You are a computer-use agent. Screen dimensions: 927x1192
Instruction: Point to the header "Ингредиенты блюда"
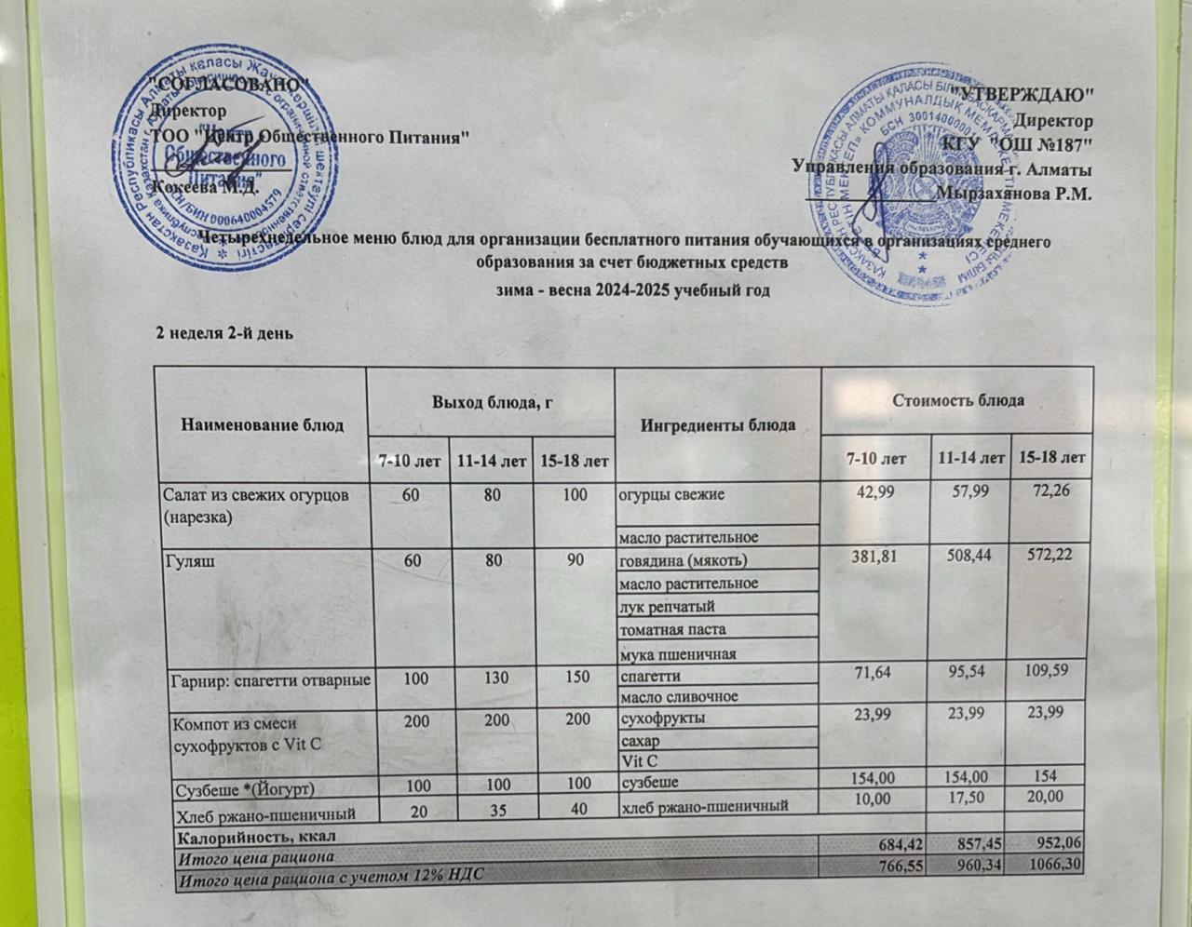718,423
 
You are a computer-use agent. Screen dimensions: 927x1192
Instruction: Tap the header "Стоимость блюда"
958,400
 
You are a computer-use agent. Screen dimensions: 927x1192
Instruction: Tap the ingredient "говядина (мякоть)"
683,560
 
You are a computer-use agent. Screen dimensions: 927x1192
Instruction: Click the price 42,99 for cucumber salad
875,492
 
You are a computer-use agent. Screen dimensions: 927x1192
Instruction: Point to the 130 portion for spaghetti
491,679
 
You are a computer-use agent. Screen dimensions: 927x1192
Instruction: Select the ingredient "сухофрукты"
662,719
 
